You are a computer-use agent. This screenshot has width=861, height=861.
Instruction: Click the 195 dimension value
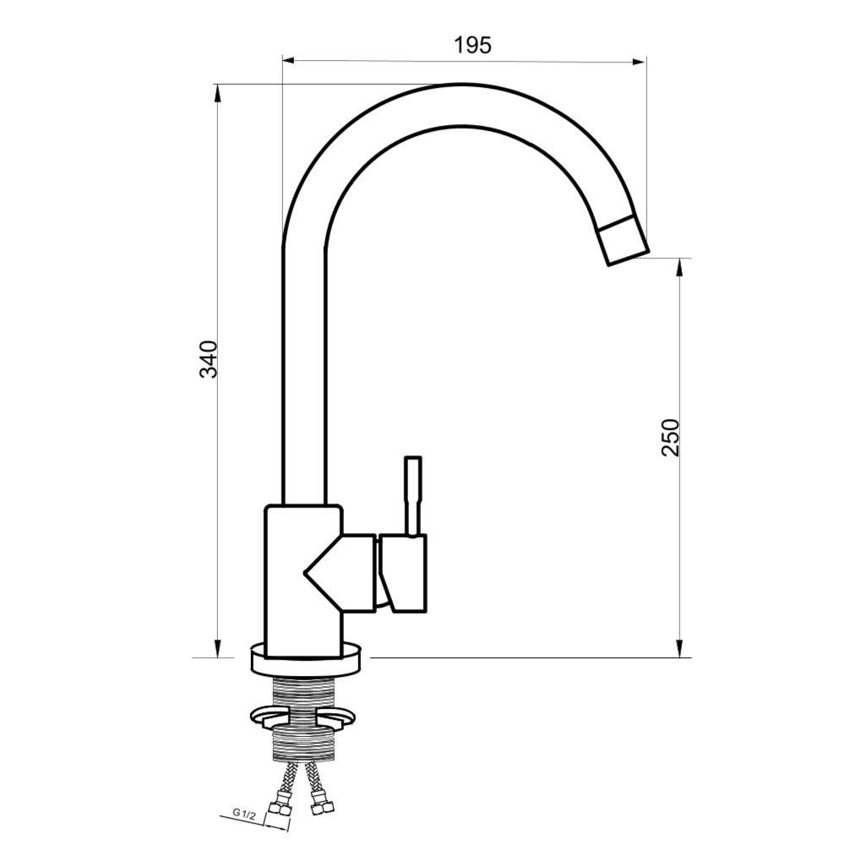pyautogui.click(x=472, y=45)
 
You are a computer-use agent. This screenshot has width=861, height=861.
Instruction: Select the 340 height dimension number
pyautogui.click(x=209, y=359)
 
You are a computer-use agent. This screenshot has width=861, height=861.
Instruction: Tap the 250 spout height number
pyautogui.click(x=670, y=437)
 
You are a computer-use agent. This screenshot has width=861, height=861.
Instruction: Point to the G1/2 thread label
pyautogui.click(x=244, y=813)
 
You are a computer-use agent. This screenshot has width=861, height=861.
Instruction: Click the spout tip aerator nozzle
pyautogui.click(x=624, y=240)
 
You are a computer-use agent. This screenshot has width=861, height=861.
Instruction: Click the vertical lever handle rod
pyautogui.click(x=412, y=495)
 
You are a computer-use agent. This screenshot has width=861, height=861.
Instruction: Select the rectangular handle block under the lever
pyautogui.click(x=403, y=572)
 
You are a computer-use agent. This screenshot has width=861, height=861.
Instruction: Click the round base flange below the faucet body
pyautogui.click(x=307, y=660)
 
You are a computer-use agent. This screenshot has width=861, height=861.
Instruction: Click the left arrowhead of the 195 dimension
pyautogui.click(x=288, y=60)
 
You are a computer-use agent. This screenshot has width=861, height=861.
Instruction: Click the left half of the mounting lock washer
pyautogui.click(x=268, y=717)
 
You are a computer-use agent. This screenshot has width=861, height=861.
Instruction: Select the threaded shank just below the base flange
pyautogui.click(x=306, y=689)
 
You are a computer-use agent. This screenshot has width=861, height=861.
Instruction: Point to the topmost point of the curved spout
pyautogui.click(x=461, y=84)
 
